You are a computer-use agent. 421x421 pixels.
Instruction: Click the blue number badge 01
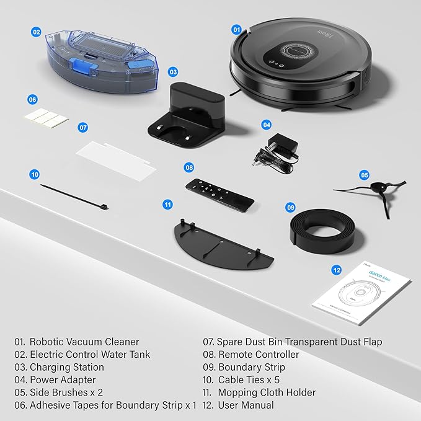click(236, 29)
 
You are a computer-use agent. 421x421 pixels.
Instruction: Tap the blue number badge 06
click(33, 99)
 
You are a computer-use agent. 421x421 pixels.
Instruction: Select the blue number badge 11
click(167, 204)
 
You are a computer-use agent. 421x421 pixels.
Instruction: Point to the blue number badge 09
click(290, 208)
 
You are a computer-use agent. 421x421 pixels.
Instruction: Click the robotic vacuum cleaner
click(298, 65)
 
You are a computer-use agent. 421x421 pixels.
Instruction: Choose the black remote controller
click(219, 192)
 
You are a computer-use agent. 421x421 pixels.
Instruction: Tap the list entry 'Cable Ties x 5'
click(255, 379)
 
